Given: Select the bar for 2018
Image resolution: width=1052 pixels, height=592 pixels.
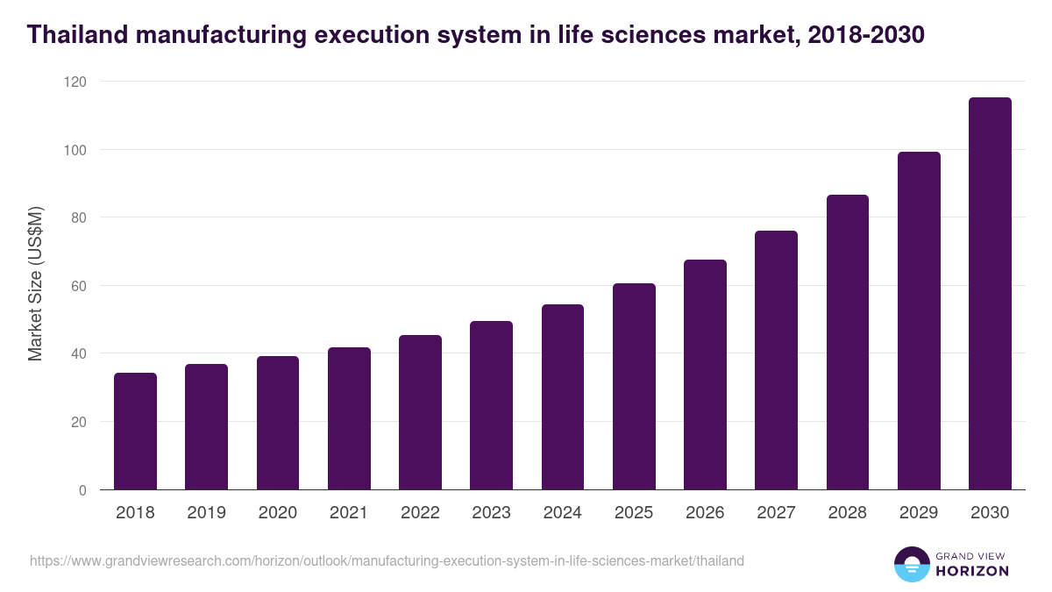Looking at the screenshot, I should point(135,432).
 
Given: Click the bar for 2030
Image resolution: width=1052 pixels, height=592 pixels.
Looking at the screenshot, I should point(990,294).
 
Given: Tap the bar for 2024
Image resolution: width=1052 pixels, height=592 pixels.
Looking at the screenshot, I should point(563,397).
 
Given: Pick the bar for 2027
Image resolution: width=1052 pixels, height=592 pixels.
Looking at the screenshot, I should point(776,360).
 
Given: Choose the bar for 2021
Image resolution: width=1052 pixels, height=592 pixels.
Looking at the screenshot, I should point(349,418).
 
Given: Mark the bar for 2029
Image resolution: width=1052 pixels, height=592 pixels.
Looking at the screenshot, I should point(919,321).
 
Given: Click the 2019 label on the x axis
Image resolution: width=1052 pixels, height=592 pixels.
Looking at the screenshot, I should point(206,513).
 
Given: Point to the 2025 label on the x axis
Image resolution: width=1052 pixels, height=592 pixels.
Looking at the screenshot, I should point(634,513).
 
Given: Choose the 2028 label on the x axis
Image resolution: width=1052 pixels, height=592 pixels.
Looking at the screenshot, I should point(848,513).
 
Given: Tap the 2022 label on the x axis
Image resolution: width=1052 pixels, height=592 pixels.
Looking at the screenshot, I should point(420,513).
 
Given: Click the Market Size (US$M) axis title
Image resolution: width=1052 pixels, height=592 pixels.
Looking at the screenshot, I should point(35,285).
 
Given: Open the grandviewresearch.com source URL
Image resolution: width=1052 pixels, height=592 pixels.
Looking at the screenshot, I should point(387,560).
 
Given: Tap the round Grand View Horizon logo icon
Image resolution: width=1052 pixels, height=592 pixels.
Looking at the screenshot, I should point(912,564).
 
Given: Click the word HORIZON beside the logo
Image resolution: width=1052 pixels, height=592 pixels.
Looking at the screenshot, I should point(973,571).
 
